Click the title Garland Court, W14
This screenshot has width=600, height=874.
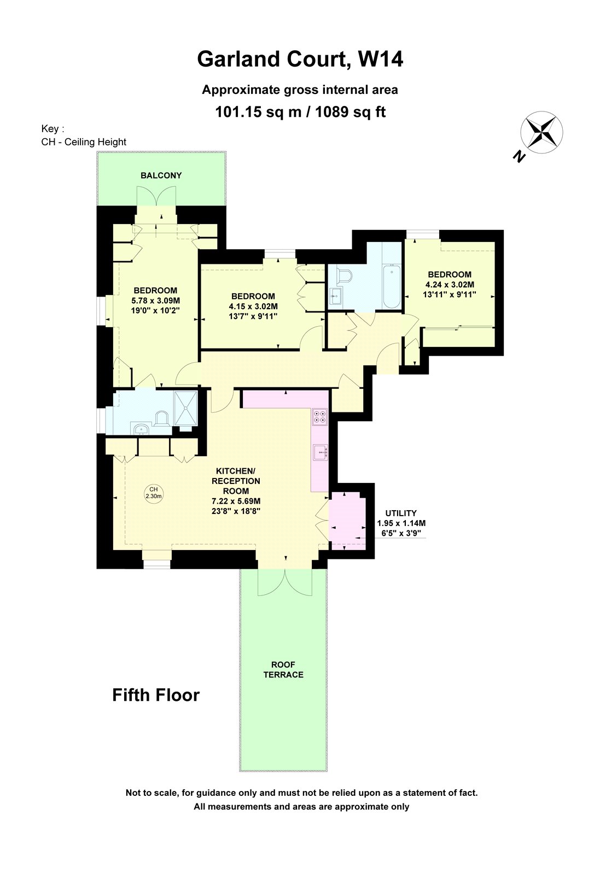tap(300, 59)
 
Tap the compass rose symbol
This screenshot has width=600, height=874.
tap(541, 131)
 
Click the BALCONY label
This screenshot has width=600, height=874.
tap(161, 175)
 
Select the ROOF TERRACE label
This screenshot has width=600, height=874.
tap(283, 670)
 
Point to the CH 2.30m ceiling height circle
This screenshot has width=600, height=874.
tap(154, 493)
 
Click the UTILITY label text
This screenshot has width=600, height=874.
tap(400, 513)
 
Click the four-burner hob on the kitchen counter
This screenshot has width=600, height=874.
tap(320, 417)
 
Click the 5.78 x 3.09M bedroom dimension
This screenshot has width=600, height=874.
tap(155, 300)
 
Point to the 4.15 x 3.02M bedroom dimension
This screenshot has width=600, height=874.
tap(253, 306)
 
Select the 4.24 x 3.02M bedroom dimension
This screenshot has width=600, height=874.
tap(450, 285)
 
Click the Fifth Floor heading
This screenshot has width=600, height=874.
tap(156, 695)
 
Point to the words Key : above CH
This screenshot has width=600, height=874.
tap(53, 129)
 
